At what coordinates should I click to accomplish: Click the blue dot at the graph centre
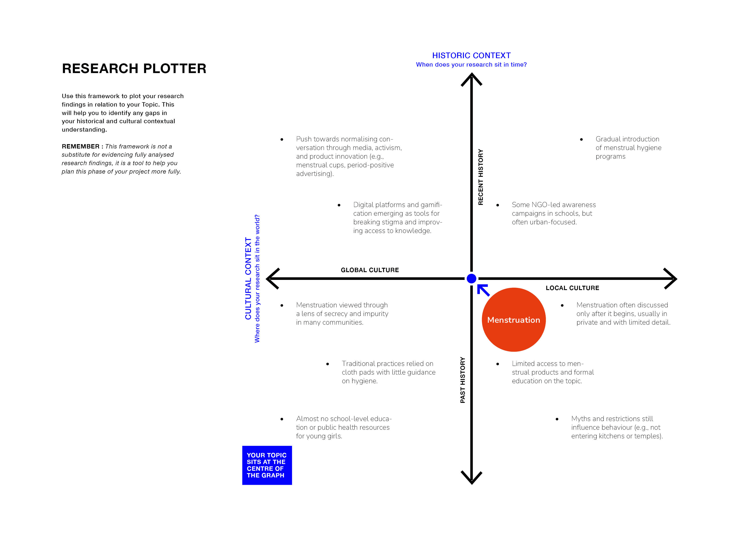point(471,279)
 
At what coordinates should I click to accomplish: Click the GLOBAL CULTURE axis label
point(370,270)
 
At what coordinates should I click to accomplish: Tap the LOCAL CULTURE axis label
point(572,288)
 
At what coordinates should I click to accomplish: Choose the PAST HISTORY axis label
point(463,380)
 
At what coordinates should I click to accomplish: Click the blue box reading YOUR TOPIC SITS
point(267,465)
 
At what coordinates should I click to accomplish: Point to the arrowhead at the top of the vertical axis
point(471,79)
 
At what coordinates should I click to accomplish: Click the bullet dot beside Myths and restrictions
point(557,419)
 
